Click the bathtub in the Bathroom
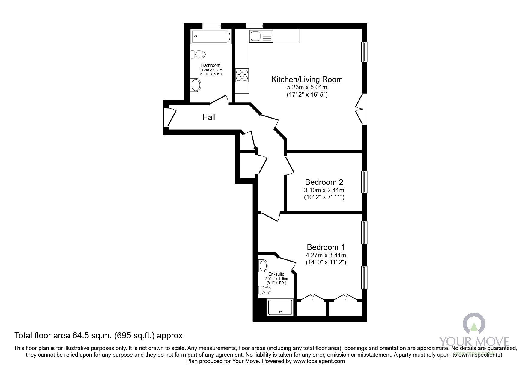(x=210, y=37)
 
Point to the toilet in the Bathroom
(x=198, y=55)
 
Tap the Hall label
(x=209, y=117)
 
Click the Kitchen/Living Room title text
(x=307, y=79)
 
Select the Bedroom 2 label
(x=324, y=182)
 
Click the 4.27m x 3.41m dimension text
(x=326, y=256)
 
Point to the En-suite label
(x=276, y=274)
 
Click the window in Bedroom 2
(x=364, y=182)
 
